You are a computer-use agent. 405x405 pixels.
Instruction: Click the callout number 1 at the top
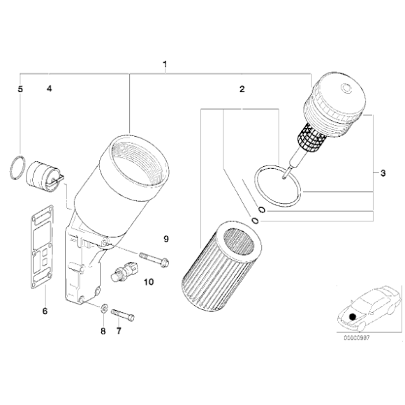click(165, 66)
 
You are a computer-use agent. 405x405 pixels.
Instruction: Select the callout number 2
click(242, 89)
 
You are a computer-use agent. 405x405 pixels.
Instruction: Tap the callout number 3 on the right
click(383, 172)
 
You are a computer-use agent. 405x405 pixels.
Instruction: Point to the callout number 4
click(50, 89)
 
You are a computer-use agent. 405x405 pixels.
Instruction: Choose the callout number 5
click(20, 89)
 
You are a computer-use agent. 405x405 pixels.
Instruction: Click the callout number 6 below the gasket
click(45, 311)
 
